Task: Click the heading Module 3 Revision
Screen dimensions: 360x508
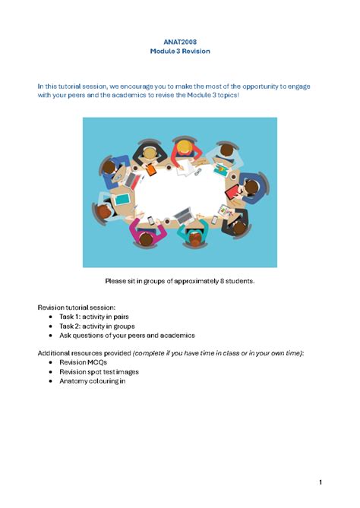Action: pyautogui.click(x=180, y=52)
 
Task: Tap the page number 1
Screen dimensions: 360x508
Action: pyautogui.click(x=321, y=461)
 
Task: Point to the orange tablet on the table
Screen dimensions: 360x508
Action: pyautogui.click(x=152, y=170)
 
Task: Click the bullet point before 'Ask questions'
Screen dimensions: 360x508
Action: pyautogui.click(x=50, y=335)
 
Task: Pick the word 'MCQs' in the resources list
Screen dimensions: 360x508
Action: pyautogui.click(x=96, y=363)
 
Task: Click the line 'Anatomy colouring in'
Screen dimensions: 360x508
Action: pyautogui.click(x=92, y=381)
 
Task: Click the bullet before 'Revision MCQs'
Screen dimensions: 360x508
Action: pyautogui.click(x=50, y=363)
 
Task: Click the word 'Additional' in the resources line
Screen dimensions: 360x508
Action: pyautogui.click(x=55, y=353)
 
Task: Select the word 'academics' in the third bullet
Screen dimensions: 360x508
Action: pyautogui.click(x=177, y=335)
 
